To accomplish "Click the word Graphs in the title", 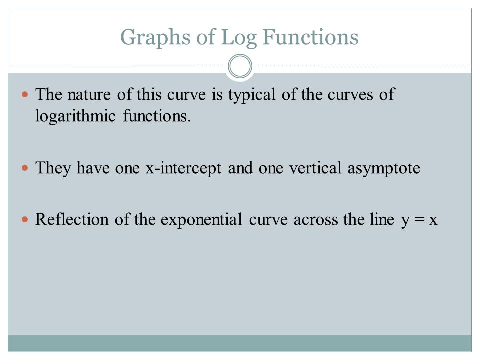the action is (x=156, y=38).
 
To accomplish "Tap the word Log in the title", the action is (x=239, y=38).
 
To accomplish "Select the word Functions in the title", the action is (x=310, y=37).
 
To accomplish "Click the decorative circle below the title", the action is (x=240, y=66).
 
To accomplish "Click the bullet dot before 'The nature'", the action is (x=25, y=94).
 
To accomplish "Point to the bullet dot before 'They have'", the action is (x=25, y=168).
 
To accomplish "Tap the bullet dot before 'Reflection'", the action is (x=25, y=219).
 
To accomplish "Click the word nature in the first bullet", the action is (x=89, y=95).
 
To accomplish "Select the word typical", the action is (x=252, y=95).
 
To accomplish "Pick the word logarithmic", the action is (x=75, y=116).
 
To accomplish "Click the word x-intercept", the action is (x=183, y=168).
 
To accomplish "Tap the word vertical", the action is (x=315, y=168).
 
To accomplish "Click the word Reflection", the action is (x=72, y=219).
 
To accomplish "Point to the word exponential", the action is (x=201, y=220).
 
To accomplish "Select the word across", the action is (x=315, y=220).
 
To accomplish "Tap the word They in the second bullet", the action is (x=53, y=168).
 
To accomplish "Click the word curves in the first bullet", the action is (x=350, y=95).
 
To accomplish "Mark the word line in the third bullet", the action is (x=382, y=219).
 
